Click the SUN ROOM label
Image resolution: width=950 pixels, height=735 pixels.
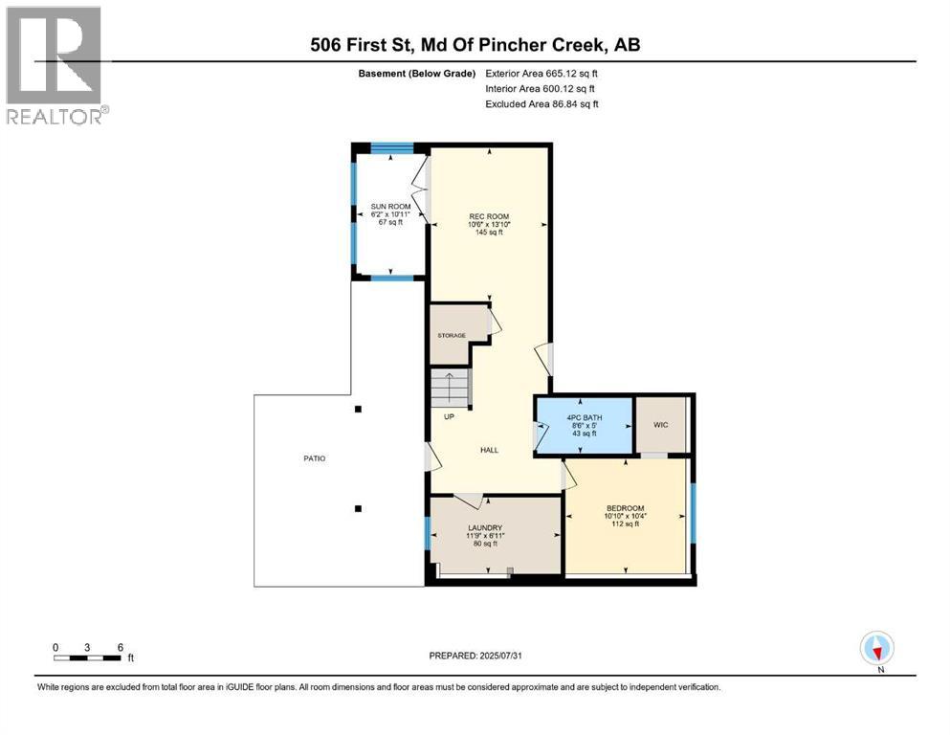(x=390, y=207)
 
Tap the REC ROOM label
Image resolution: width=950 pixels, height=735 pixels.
(x=489, y=216)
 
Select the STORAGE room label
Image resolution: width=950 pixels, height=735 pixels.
(x=452, y=335)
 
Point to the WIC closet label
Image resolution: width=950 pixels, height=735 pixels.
(x=661, y=425)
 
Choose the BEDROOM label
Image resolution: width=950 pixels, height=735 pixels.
(x=626, y=508)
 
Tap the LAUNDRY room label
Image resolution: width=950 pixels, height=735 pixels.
(x=485, y=527)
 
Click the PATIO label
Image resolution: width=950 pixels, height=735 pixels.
(x=315, y=458)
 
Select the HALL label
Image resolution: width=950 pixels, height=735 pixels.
(x=490, y=450)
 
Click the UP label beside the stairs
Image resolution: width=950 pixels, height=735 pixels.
(x=449, y=417)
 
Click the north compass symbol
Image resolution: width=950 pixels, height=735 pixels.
(x=876, y=648)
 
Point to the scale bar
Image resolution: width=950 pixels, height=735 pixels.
(x=87, y=657)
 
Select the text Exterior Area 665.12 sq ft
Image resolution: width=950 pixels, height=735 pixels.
(x=541, y=74)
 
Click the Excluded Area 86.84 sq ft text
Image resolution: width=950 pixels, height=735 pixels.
(x=541, y=104)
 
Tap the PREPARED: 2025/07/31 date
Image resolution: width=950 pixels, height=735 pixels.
(x=475, y=656)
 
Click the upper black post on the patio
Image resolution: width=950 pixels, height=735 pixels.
(x=358, y=409)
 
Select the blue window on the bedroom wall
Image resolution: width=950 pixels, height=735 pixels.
(x=694, y=513)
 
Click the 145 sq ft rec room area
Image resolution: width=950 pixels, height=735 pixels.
(x=489, y=232)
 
